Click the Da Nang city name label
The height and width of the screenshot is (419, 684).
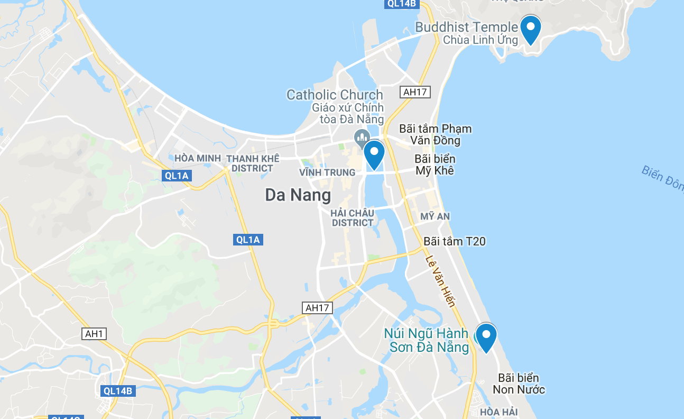pyautogui.click(x=298, y=195)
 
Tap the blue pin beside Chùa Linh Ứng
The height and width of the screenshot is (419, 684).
pyautogui.click(x=530, y=29)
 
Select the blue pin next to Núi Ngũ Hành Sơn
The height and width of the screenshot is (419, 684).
pyautogui.click(x=485, y=336)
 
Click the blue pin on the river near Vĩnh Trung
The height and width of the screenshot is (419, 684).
pyautogui.click(x=374, y=154)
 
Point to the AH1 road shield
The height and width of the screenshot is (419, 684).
pyautogui.click(x=95, y=334)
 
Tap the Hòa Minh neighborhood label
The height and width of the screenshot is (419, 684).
pyautogui.click(x=198, y=158)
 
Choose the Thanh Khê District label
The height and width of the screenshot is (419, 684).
pyautogui.click(x=252, y=163)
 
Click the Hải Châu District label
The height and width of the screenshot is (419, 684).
pyautogui.click(x=353, y=218)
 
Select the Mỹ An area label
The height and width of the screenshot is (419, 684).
pyautogui.click(x=435, y=216)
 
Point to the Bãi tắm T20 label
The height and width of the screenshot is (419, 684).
pyautogui.click(x=454, y=241)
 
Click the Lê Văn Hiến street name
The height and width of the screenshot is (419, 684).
pyautogui.click(x=440, y=280)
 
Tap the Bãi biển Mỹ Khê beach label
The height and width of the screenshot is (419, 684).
pyautogui.click(x=435, y=165)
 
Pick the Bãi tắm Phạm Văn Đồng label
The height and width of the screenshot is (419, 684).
pyautogui.click(x=435, y=134)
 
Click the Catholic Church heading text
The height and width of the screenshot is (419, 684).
pyautogui.click(x=335, y=95)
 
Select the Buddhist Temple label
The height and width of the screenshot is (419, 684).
pyautogui.click(x=466, y=27)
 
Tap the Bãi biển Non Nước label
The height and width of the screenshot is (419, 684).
pyautogui.click(x=519, y=384)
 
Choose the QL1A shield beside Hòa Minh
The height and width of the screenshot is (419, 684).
pyautogui.click(x=177, y=176)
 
